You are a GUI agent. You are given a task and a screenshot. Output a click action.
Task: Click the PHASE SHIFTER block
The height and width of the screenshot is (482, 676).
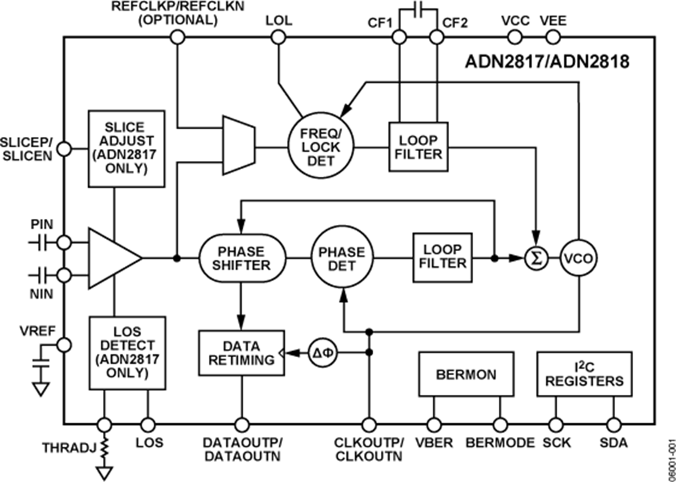pyautogui.click(x=242, y=259)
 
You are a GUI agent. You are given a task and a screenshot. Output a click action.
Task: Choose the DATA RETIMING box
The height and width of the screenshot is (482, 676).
pyautogui.click(x=242, y=351)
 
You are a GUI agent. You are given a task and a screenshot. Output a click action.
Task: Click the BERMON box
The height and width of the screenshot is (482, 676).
pyautogui.click(x=466, y=374)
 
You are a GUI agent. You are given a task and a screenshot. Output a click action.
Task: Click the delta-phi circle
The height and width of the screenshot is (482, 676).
pyautogui.click(x=321, y=351)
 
